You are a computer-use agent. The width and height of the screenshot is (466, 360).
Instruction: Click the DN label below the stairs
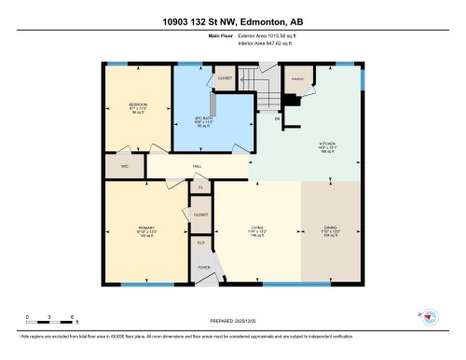(x=277, y=119)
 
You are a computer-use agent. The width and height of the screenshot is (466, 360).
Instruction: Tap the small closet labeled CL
(x=199, y=187)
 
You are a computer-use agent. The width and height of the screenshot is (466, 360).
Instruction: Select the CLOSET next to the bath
(x=224, y=78)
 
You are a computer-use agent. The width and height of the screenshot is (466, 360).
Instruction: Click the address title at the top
(x=232, y=18)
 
